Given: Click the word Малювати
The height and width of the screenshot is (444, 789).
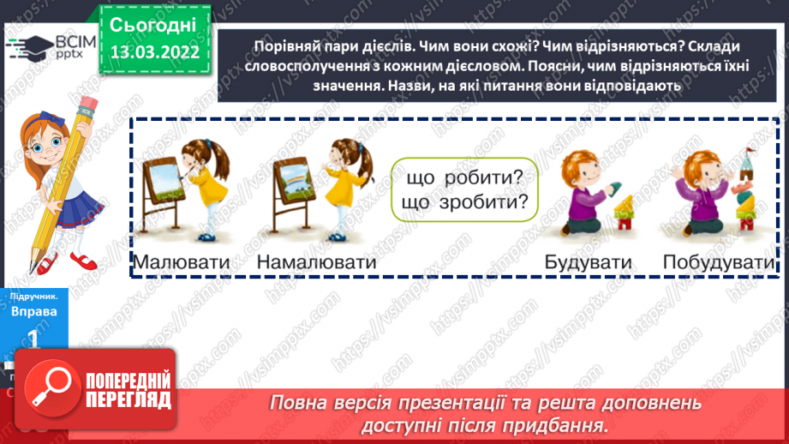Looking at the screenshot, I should (x=182, y=261).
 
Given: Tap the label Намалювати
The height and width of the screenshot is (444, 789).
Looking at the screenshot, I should (x=316, y=261).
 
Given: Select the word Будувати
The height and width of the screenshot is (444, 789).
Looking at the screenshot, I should (x=588, y=261).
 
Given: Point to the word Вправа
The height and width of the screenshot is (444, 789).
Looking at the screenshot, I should (x=33, y=312).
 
